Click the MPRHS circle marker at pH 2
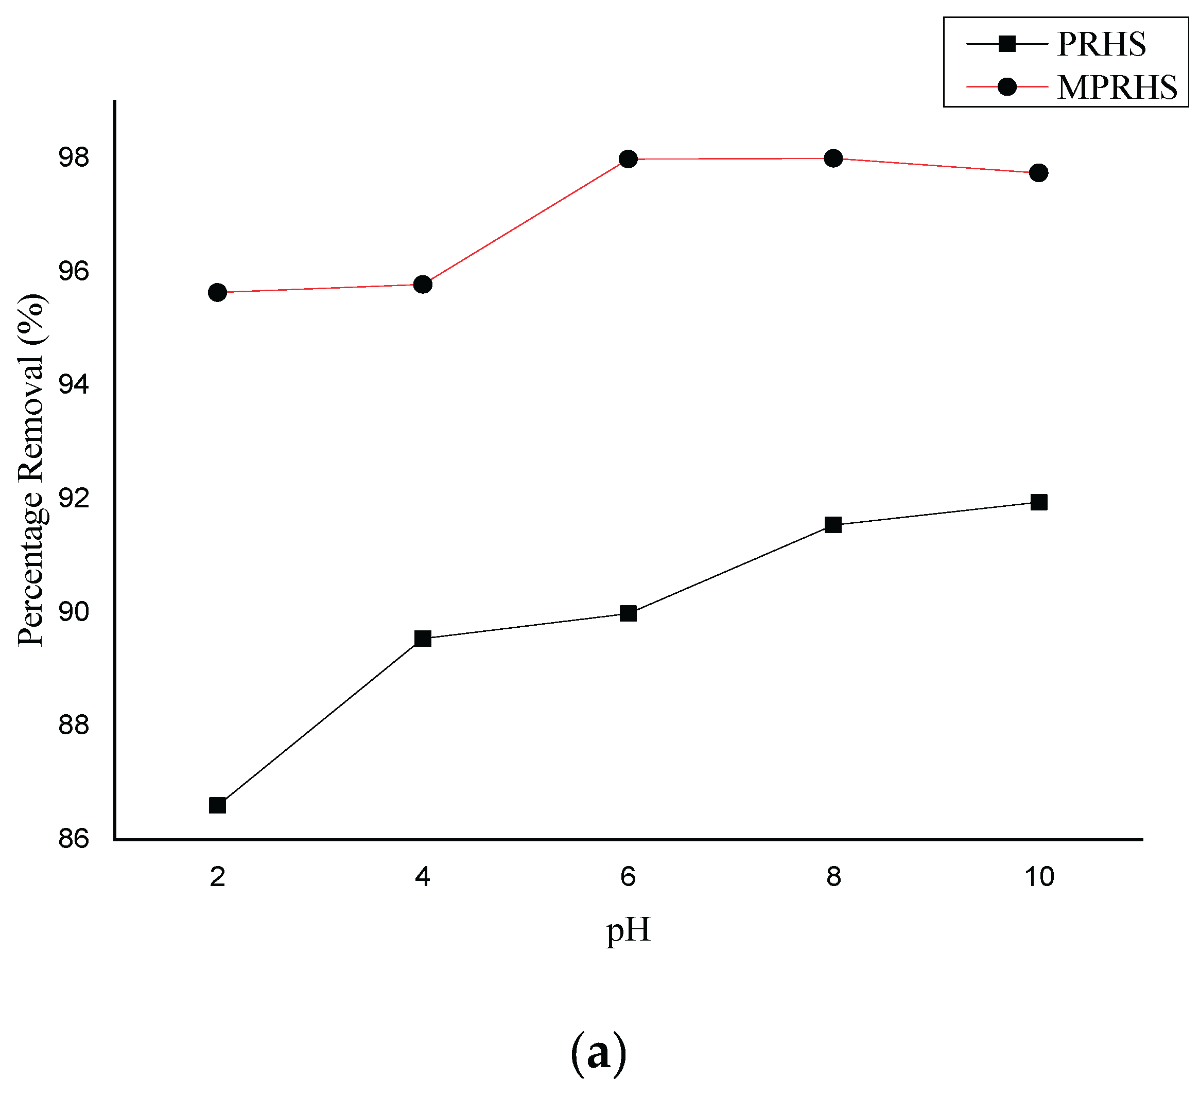(x=217, y=292)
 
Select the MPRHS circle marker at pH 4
(x=423, y=285)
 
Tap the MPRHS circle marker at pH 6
(x=628, y=159)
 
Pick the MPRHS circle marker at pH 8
(x=833, y=158)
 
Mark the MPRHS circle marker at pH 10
(x=1039, y=173)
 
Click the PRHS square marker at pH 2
(x=217, y=805)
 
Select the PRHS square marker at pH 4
(x=423, y=639)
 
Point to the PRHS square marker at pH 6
(x=628, y=613)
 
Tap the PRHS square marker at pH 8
(x=833, y=525)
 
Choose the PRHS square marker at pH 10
(x=1039, y=502)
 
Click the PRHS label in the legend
(x=1101, y=44)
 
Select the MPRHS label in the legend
(x=1117, y=87)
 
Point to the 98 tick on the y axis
(x=73, y=157)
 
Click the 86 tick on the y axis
(x=73, y=839)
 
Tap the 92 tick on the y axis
(x=73, y=498)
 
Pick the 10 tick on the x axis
(x=1039, y=877)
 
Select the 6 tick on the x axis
(x=628, y=877)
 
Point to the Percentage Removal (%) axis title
(x=31, y=470)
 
